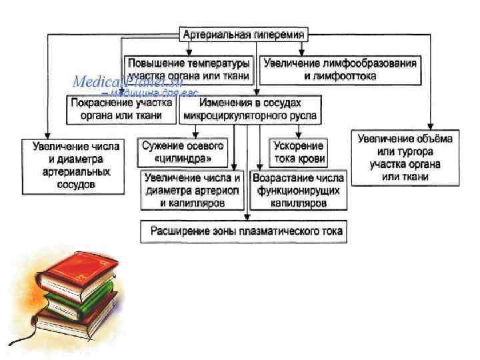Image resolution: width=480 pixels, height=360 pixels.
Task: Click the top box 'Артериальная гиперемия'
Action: (x=245, y=34)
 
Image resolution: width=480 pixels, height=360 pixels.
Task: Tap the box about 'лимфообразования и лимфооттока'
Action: (x=340, y=70)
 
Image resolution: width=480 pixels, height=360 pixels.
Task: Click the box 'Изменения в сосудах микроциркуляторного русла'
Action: (x=251, y=109)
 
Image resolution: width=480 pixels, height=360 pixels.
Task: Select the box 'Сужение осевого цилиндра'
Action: (x=182, y=153)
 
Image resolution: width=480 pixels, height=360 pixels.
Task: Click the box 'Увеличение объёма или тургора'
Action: (x=405, y=157)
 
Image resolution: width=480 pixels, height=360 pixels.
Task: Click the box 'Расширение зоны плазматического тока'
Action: (x=247, y=231)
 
